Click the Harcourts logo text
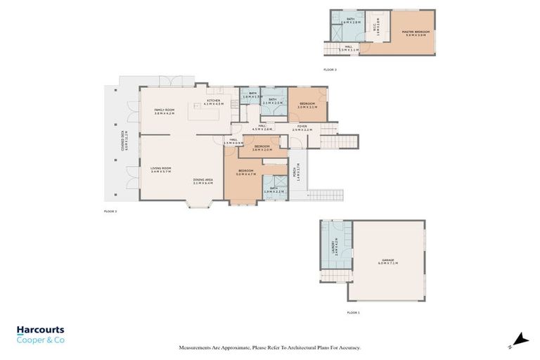point(40,329)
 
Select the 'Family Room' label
point(165,111)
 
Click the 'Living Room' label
point(161,169)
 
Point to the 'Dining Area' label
point(203,181)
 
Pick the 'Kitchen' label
point(212,101)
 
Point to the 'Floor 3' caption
point(330,70)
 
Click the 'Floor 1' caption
point(353,311)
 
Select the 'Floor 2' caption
point(110,210)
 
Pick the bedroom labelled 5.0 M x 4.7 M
point(245,172)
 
